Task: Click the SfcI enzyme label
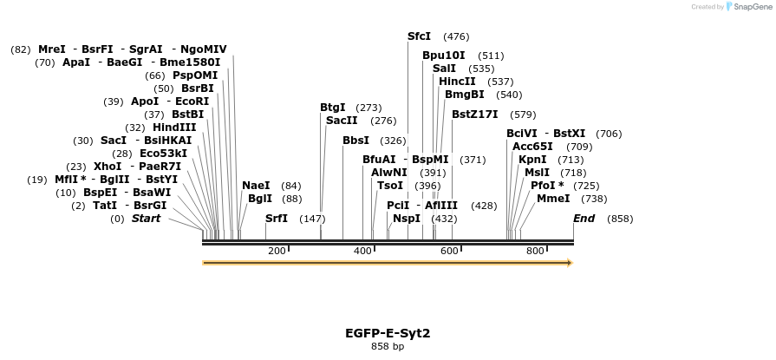(419, 36)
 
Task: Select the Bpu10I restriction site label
(443, 56)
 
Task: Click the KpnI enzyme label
(532, 160)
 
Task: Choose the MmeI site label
(553, 199)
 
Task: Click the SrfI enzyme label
(277, 219)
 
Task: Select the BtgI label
(333, 108)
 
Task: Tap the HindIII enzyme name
(174, 128)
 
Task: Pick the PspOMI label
(195, 75)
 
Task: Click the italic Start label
(146, 219)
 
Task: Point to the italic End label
(584, 219)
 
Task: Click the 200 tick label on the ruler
(277, 251)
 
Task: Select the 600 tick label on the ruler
(449, 251)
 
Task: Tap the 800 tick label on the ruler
(535, 251)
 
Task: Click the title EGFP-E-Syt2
(388, 332)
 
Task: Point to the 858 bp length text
(388, 346)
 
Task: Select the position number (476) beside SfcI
(456, 36)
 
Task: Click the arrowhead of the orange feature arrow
(569, 263)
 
